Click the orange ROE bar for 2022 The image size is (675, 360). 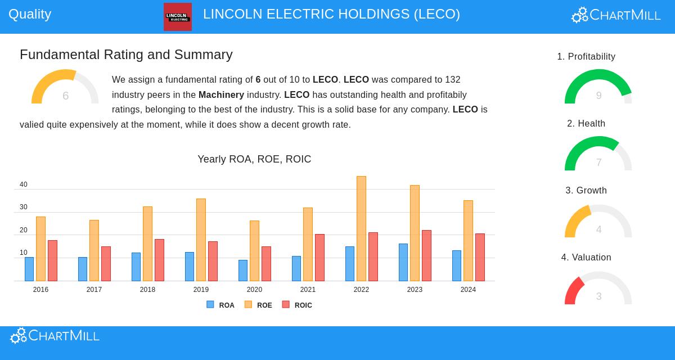tap(361, 228)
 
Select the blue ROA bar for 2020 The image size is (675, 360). tap(243, 271)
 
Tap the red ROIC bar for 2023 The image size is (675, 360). tap(426, 255)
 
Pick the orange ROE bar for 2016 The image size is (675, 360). tap(40, 249)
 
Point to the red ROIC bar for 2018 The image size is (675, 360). tap(159, 260)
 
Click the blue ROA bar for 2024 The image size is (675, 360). tap(457, 265)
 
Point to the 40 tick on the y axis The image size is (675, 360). tap(24, 184)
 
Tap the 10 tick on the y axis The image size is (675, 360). tap(24, 253)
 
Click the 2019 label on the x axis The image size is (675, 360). tap(201, 290)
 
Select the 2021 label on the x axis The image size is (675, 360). tap(308, 290)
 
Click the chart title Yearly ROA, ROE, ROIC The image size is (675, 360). tap(254, 159)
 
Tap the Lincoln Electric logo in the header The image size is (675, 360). tap(178, 17)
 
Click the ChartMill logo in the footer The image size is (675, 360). tap(55, 336)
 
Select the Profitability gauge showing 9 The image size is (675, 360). tap(598, 87)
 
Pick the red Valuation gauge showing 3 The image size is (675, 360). tap(598, 288)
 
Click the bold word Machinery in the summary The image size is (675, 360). tap(221, 94)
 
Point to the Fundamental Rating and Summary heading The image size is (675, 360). tap(126, 55)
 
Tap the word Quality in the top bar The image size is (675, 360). tap(30, 14)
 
